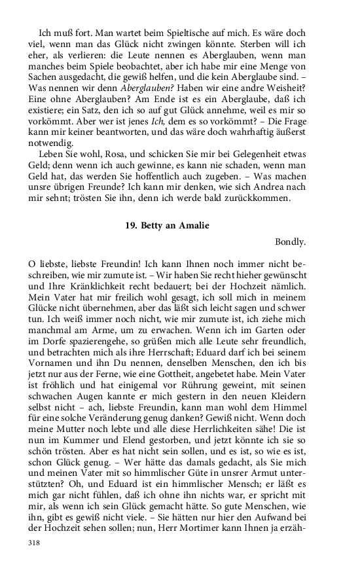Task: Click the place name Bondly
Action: (x=291, y=242)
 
